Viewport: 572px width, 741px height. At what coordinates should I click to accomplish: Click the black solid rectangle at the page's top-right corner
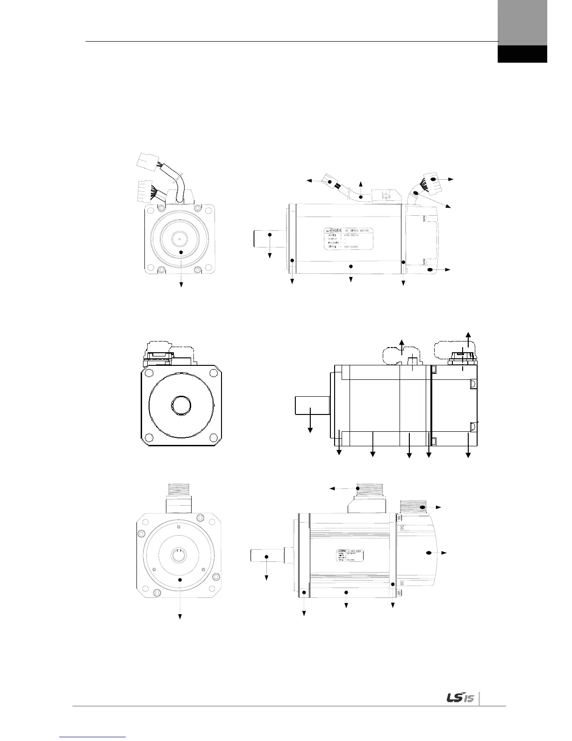[522, 54]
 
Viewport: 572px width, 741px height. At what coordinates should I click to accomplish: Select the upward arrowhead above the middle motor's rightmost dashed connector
[469, 333]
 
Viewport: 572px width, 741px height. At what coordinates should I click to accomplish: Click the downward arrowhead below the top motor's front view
[181, 284]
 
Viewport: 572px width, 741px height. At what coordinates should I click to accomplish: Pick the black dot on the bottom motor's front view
[180, 579]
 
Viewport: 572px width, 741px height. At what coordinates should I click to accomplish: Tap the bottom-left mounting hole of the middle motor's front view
[149, 438]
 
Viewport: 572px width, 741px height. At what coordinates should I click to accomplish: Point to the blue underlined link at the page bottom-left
[93, 737]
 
